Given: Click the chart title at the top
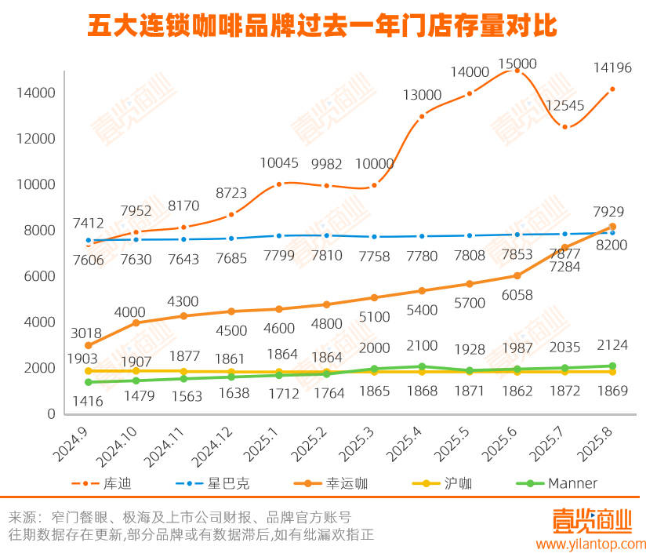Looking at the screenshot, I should (x=322, y=25).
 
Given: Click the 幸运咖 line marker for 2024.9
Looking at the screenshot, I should (x=88, y=345).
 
